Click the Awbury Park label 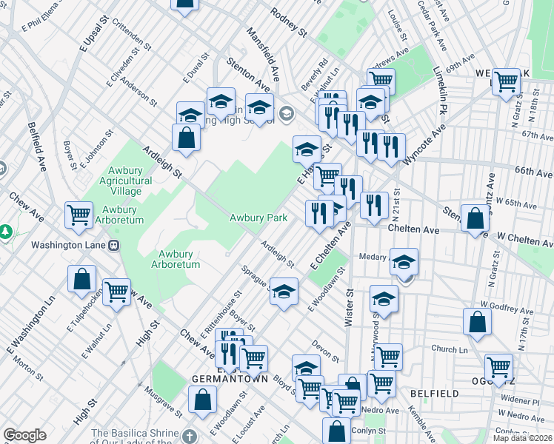(258, 218)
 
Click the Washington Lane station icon (114, 245)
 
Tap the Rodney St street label (289, 22)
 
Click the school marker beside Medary (404, 263)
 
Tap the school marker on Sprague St (283, 292)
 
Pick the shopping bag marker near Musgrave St (202, 400)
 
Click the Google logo (25, 435)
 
